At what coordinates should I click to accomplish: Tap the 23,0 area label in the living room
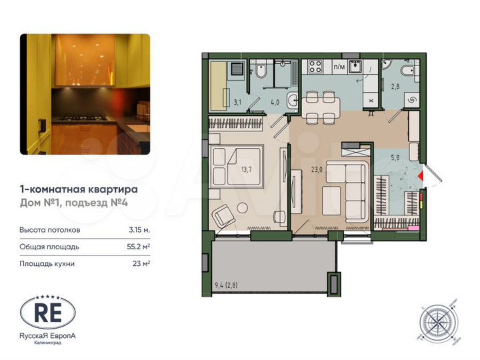317,169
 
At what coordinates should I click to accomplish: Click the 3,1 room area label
237,103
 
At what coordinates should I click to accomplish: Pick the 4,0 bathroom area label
275,103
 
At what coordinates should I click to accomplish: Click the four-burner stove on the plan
313,67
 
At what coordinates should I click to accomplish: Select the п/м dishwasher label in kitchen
339,67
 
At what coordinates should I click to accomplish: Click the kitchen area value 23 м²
141,263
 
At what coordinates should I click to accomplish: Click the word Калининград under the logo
47,344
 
